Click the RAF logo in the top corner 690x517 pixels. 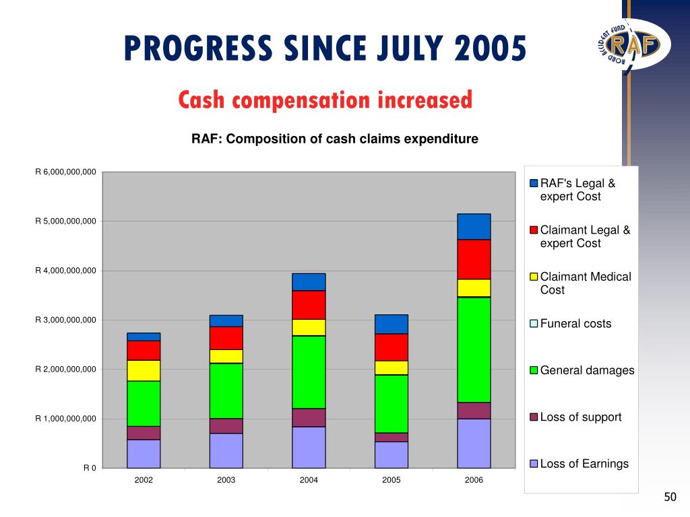[x=629, y=44]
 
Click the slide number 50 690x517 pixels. [x=669, y=497]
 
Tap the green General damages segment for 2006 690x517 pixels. [x=474, y=349]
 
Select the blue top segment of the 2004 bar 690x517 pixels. [x=309, y=281]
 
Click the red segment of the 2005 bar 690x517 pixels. [x=391, y=347]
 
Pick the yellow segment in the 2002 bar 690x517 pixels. [x=144, y=370]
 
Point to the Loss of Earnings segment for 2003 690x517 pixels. [x=226, y=450]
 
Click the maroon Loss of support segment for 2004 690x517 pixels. [x=309, y=417]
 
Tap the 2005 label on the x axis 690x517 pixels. [x=391, y=480]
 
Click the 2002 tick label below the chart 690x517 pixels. [x=144, y=480]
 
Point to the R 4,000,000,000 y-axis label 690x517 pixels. [x=66, y=271]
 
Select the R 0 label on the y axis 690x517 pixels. [x=90, y=468]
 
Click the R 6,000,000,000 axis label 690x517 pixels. [x=66, y=172]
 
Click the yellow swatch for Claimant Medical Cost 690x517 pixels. [x=534, y=277]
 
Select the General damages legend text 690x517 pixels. [x=587, y=370]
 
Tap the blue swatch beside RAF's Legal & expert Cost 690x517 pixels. [x=534, y=184]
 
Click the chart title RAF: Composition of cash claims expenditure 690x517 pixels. [x=335, y=139]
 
